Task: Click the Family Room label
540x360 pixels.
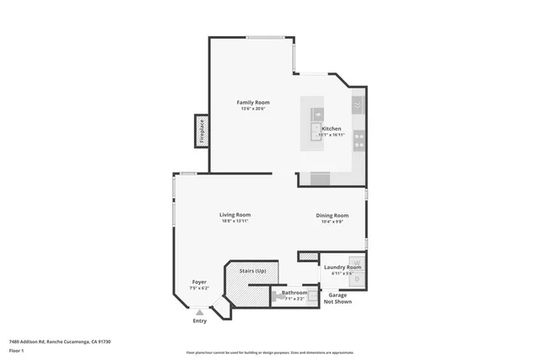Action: pyautogui.click(x=254, y=102)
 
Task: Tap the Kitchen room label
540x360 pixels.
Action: pyautogui.click(x=331, y=129)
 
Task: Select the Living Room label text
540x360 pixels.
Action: pyautogui.click(x=235, y=215)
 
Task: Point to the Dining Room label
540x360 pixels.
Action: pyautogui.click(x=332, y=216)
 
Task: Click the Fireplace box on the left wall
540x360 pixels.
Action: pyautogui.click(x=202, y=132)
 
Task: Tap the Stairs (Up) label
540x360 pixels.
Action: pyautogui.click(x=251, y=271)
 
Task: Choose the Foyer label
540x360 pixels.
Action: pyautogui.click(x=199, y=282)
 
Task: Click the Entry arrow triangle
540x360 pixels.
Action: pyautogui.click(x=200, y=311)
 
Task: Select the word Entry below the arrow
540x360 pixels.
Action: pyautogui.click(x=199, y=320)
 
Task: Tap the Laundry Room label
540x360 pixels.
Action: pyautogui.click(x=342, y=267)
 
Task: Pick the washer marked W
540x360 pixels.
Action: pyautogui.click(x=357, y=262)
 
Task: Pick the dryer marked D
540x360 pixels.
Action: pyautogui.click(x=357, y=277)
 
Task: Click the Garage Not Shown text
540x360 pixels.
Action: pyautogui.click(x=337, y=298)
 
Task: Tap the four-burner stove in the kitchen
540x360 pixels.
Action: pyautogui.click(x=359, y=139)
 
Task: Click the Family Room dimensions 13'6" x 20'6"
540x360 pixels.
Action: pyautogui.click(x=254, y=109)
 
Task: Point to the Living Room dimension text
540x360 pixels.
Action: pyautogui.click(x=235, y=222)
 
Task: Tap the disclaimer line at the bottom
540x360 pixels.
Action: pyautogui.click(x=270, y=352)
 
